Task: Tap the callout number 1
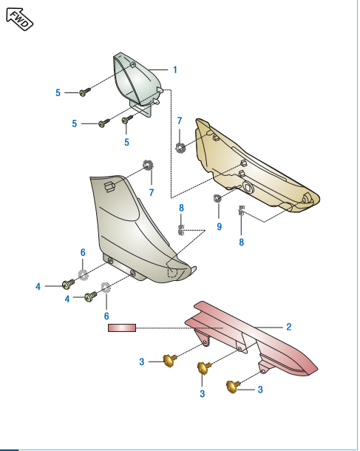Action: point(175,69)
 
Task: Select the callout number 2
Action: point(288,326)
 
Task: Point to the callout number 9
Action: point(219,226)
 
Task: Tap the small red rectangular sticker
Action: point(122,327)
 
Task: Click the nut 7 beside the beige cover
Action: point(180,146)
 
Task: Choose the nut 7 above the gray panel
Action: point(147,164)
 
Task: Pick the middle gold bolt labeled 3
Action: point(203,367)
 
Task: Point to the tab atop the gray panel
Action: point(109,185)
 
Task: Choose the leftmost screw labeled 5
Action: point(86,92)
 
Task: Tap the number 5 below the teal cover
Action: point(126,141)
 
